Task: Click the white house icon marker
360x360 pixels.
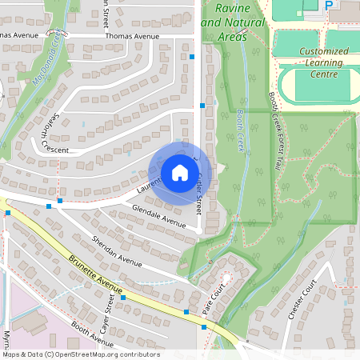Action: pyautogui.click(x=179, y=173)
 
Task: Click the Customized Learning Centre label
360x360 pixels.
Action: pyautogui.click(x=324, y=62)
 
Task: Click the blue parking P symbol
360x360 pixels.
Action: pyautogui.click(x=329, y=5)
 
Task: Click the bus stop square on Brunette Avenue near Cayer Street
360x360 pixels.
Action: pyautogui.click(x=123, y=297)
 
